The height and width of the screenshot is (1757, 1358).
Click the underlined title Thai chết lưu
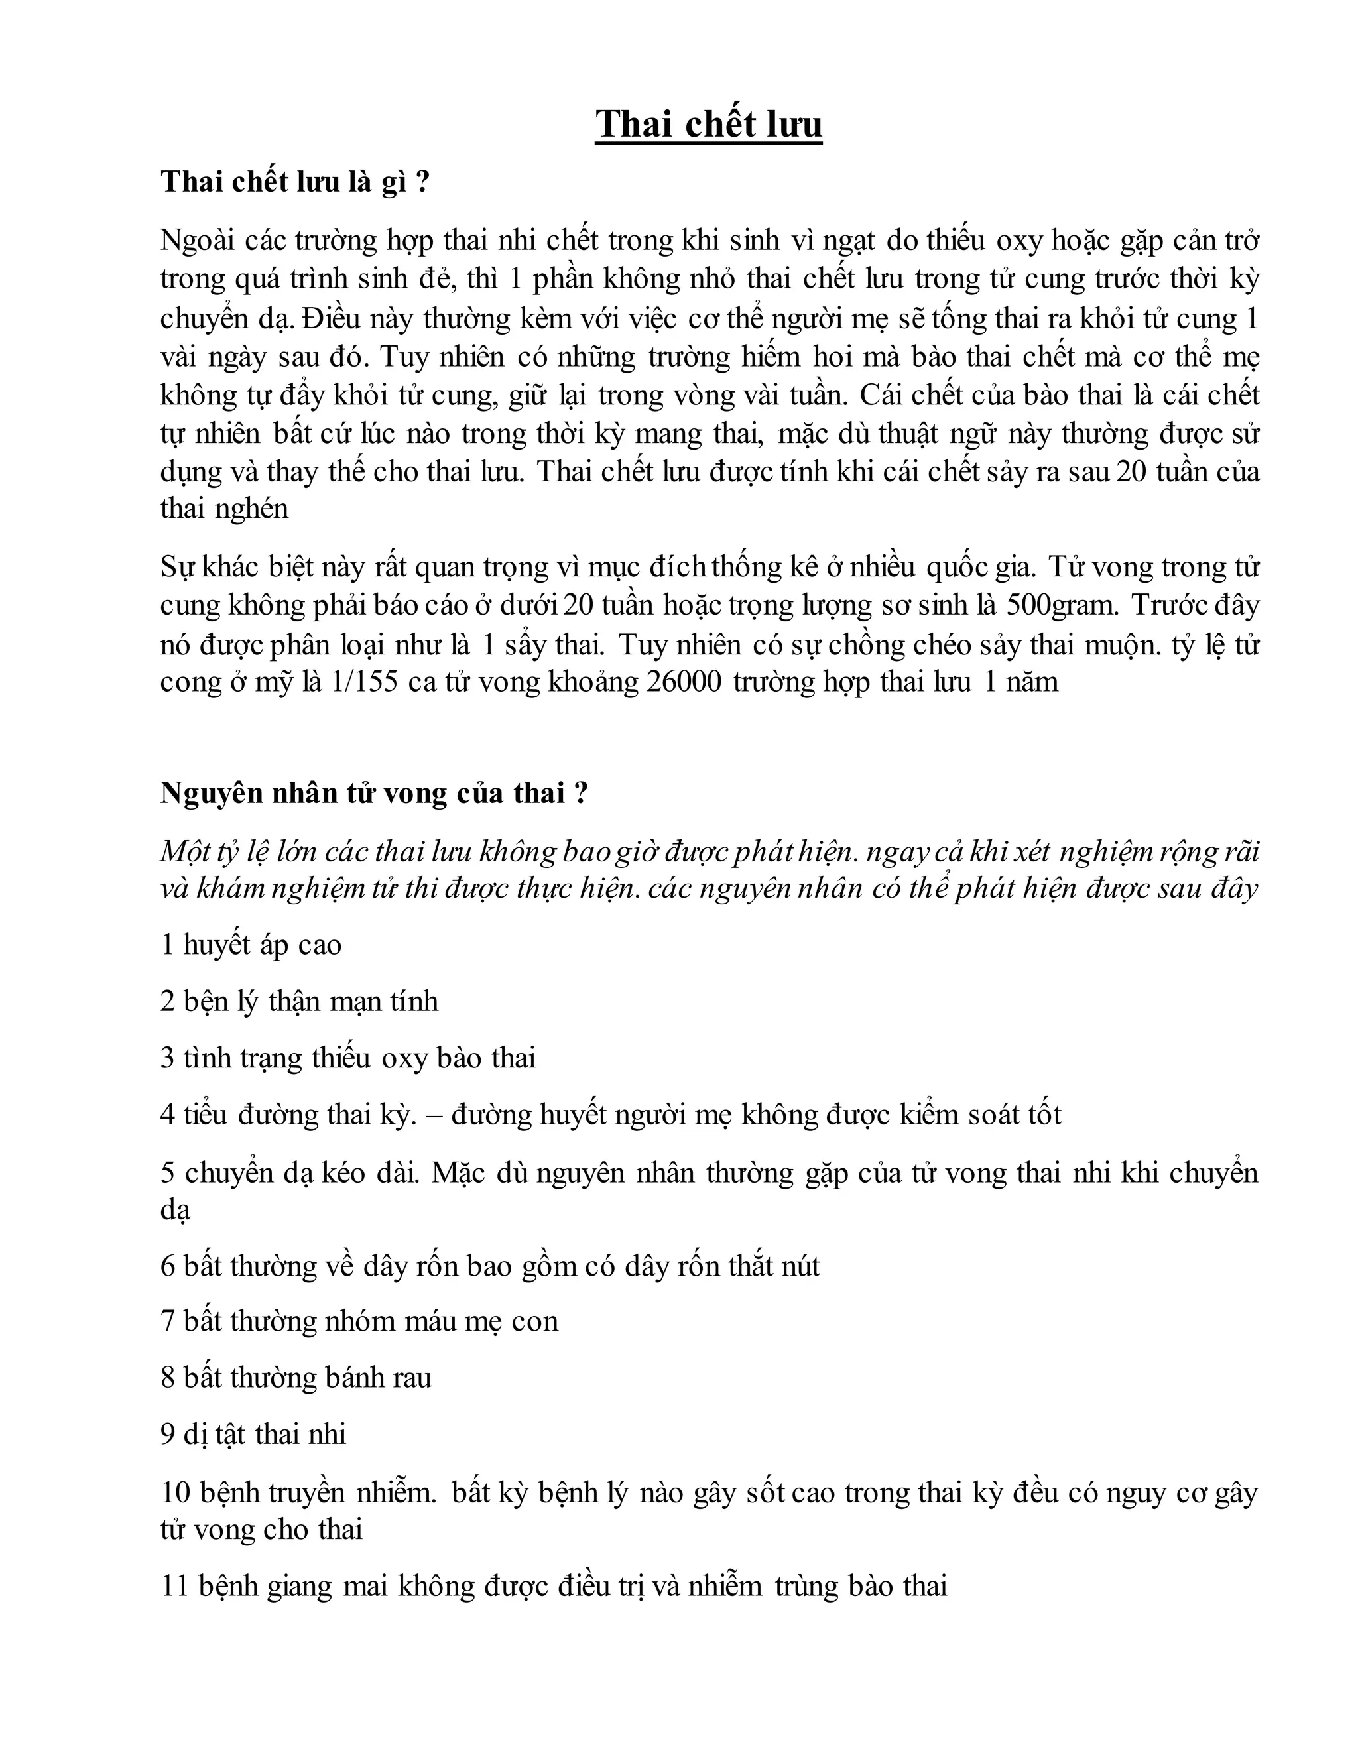coord(708,125)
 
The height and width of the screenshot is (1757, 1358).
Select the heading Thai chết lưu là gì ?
coord(294,182)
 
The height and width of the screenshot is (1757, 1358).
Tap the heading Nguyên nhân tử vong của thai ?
coord(374,793)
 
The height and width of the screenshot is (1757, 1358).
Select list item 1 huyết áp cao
coord(251,944)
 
